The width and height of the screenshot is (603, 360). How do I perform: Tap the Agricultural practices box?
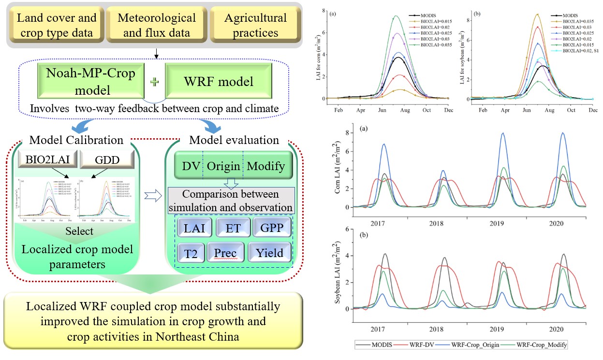(x=255, y=26)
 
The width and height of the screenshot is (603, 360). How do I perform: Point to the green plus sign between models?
(x=154, y=82)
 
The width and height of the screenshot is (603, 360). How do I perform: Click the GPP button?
(x=272, y=227)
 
